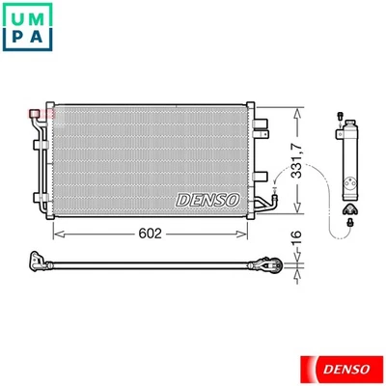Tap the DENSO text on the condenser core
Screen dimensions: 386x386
tap(206, 198)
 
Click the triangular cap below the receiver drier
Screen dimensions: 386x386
tap(350, 207)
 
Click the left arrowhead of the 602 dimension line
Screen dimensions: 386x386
tap(57, 233)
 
